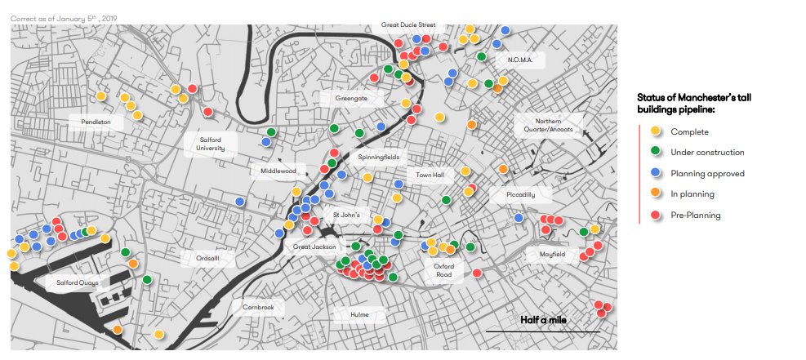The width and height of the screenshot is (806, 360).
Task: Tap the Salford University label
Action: pyautogui.click(x=211, y=144)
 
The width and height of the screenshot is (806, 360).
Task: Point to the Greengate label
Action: pyautogui.click(x=358, y=99)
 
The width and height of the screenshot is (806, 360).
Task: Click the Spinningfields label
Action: pyautogui.click(x=378, y=155)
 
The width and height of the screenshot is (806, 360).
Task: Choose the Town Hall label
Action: pyautogui.click(x=430, y=175)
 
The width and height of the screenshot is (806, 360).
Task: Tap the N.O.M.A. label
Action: pyautogui.click(x=519, y=60)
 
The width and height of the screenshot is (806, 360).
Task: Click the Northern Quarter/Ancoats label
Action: pyautogui.click(x=549, y=124)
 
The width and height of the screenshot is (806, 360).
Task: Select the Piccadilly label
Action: pyautogui.click(x=520, y=195)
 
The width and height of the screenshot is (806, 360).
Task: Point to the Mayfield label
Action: pyautogui.click(x=552, y=255)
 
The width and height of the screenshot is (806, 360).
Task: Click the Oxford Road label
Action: pyautogui.click(x=443, y=270)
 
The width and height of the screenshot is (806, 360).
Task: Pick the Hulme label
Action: pyautogui.click(x=359, y=314)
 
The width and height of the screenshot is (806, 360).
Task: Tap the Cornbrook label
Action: pyautogui.click(x=259, y=308)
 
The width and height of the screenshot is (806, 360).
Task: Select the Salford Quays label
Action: pyautogui.click(x=77, y=283)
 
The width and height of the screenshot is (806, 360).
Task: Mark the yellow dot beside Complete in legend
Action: pyautogui.click(x=655, y=131)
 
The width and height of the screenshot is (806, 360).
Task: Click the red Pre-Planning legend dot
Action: pyautogui.click(x=655, y=216)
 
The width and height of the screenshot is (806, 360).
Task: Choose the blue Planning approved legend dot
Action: pyautogui.click(x=655, y=173)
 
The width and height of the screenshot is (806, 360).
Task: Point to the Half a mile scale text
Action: pyautogui.click(x=543, y=320)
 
